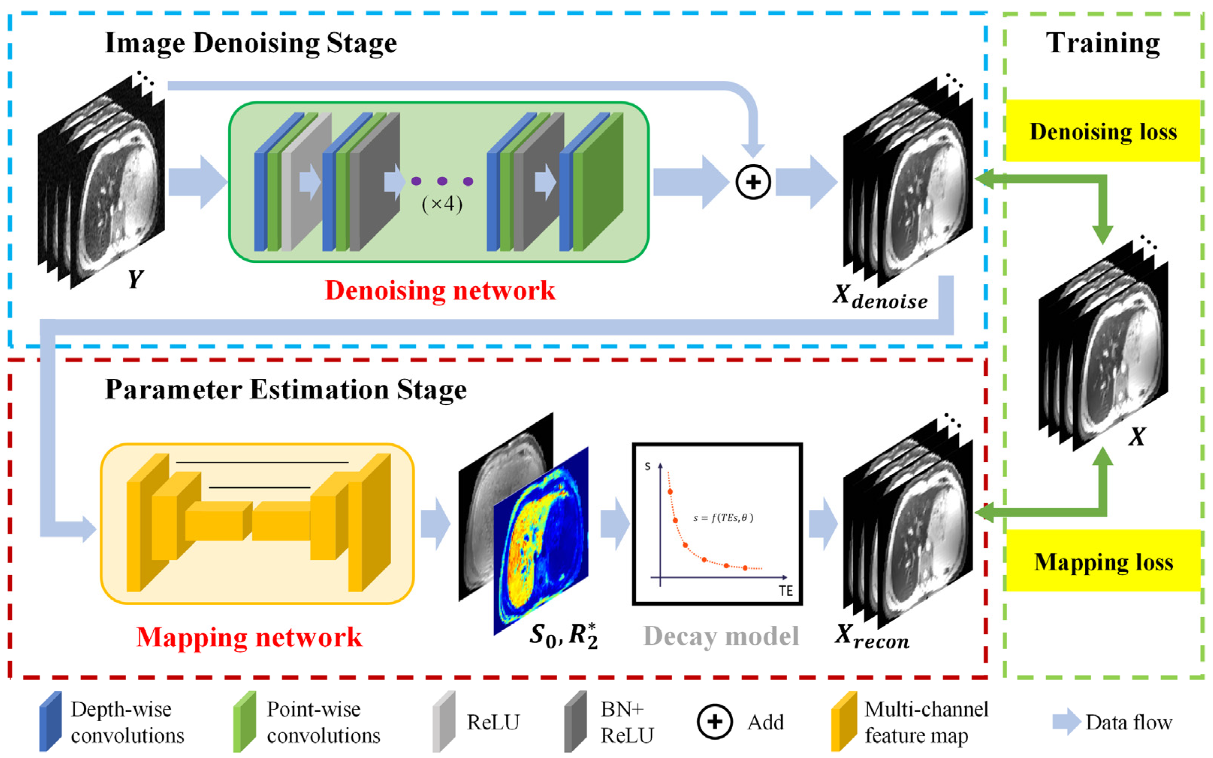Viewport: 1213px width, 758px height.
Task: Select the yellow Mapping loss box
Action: coord(1103,561)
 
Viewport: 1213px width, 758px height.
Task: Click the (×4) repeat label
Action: coord(442,204)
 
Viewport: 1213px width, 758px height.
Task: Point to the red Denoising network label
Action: coord(440,290)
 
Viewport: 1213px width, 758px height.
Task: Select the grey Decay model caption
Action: coord(721,637)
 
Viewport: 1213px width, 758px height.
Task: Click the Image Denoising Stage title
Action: coord(251,43)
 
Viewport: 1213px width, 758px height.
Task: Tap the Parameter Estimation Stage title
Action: coord(286,390)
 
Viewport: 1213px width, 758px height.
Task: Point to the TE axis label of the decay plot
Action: coord(786,591)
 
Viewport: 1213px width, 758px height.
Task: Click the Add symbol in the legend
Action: coord(715,722)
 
